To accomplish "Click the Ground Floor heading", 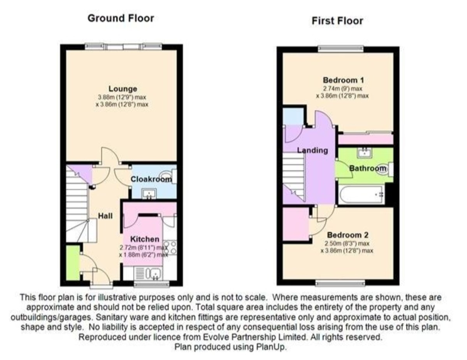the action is (121, 18).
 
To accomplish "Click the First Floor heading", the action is (337, 21).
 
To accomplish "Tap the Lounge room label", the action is (123, 89).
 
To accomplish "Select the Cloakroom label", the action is (151, 179).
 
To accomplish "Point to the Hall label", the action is (105, 216).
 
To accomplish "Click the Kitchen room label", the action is (145, 239).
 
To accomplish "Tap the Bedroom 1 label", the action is (343, 80).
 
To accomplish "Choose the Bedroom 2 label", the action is (348, 235).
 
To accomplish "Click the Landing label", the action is (313, 150).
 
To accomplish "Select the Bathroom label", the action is (368, 168).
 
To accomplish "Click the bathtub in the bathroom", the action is (361, 195).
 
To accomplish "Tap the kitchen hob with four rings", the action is (170, 248).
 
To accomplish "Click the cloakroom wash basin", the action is (149, 194).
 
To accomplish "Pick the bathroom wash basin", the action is (365, 153).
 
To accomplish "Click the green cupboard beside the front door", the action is (73, 263).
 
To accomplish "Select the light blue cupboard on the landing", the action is (293, 116).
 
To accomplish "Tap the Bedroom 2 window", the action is (340, 283).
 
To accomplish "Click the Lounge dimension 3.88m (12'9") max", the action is (122, 97).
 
